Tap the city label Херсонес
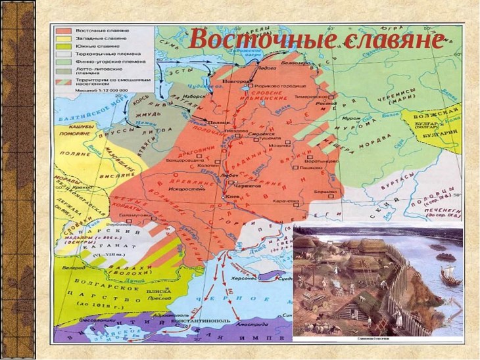[x=243, y=279]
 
